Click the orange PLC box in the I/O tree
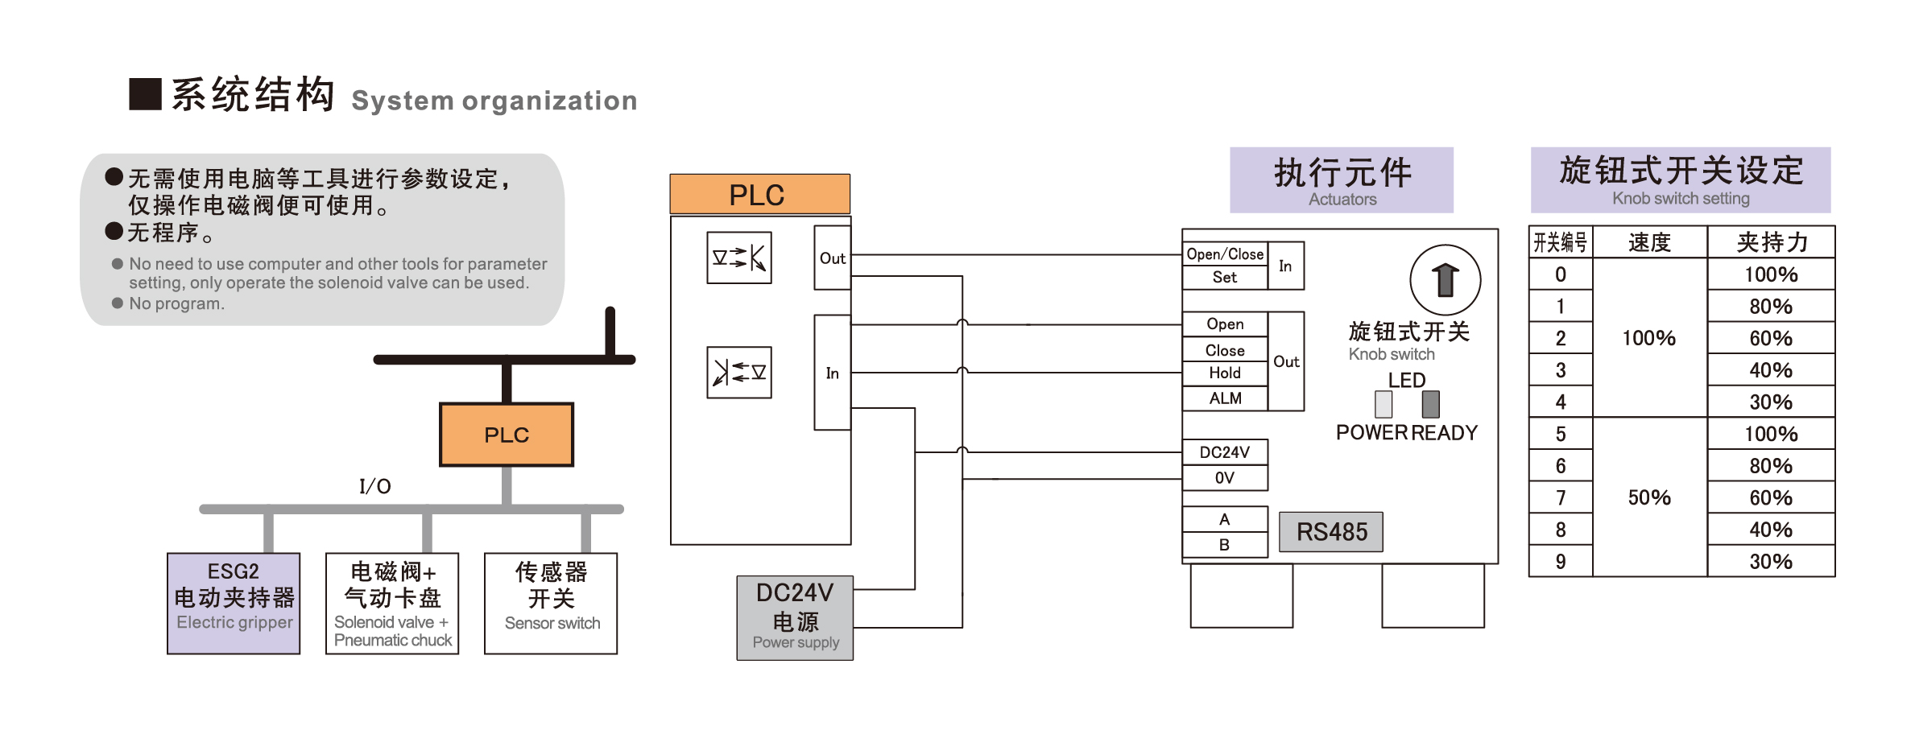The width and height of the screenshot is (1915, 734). point(507,435)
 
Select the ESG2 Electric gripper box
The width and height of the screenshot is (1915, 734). point(234,603)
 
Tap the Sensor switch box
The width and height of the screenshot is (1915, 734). point(551,603)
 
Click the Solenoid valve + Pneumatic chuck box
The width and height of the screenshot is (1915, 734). point(392,603)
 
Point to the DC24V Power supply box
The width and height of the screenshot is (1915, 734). point(795,618)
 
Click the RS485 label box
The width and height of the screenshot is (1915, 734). point(1331,532)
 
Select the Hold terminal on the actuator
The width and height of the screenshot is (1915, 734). point(1225,373)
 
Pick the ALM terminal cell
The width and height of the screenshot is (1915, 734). point(1225,398)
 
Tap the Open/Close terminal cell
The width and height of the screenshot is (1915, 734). point(1225,254)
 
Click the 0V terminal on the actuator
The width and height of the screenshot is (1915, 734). point(1225,478)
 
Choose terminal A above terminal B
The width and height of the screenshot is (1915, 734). point(1225,519)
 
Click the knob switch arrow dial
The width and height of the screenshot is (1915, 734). point(1446,280)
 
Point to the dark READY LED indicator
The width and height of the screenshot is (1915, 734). point(1430,404)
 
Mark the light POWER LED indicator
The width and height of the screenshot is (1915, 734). point(1384,404)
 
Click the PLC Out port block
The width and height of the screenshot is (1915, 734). point(833,258)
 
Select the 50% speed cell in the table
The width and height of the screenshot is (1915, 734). point(1649,497)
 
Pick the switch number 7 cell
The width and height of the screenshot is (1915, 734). point(1561,498)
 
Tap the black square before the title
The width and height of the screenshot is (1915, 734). point(146,94)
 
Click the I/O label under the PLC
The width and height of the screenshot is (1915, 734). point(375,486)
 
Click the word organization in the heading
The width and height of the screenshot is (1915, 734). point(550,101)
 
